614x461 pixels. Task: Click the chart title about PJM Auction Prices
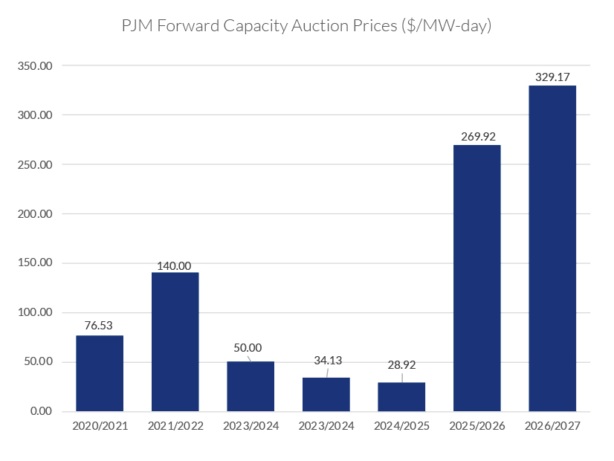[x=307, y=26]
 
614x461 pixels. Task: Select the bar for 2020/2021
[x=100, y=373]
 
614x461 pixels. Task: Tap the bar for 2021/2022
[x=175, y=342]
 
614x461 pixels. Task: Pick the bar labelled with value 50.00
[x=251, y=386]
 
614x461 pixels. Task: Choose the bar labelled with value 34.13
[x=326, y=394]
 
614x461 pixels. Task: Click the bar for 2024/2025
[x=401, y=396]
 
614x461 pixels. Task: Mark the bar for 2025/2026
[x=476, y=278]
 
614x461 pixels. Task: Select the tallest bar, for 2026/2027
[x=552, y=248]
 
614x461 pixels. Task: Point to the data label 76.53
[x=100, y=326]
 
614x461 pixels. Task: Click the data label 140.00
[x=175, y=265]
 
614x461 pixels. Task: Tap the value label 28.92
[x=401, y=367]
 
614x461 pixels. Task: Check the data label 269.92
[x=476, y=136]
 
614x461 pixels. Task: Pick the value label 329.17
[x=552, y=77]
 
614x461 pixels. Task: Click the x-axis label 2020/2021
[x=100, y=426]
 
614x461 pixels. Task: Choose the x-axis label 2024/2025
[x=401, y=426]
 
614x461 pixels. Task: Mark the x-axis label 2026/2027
[x=552, y=426]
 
